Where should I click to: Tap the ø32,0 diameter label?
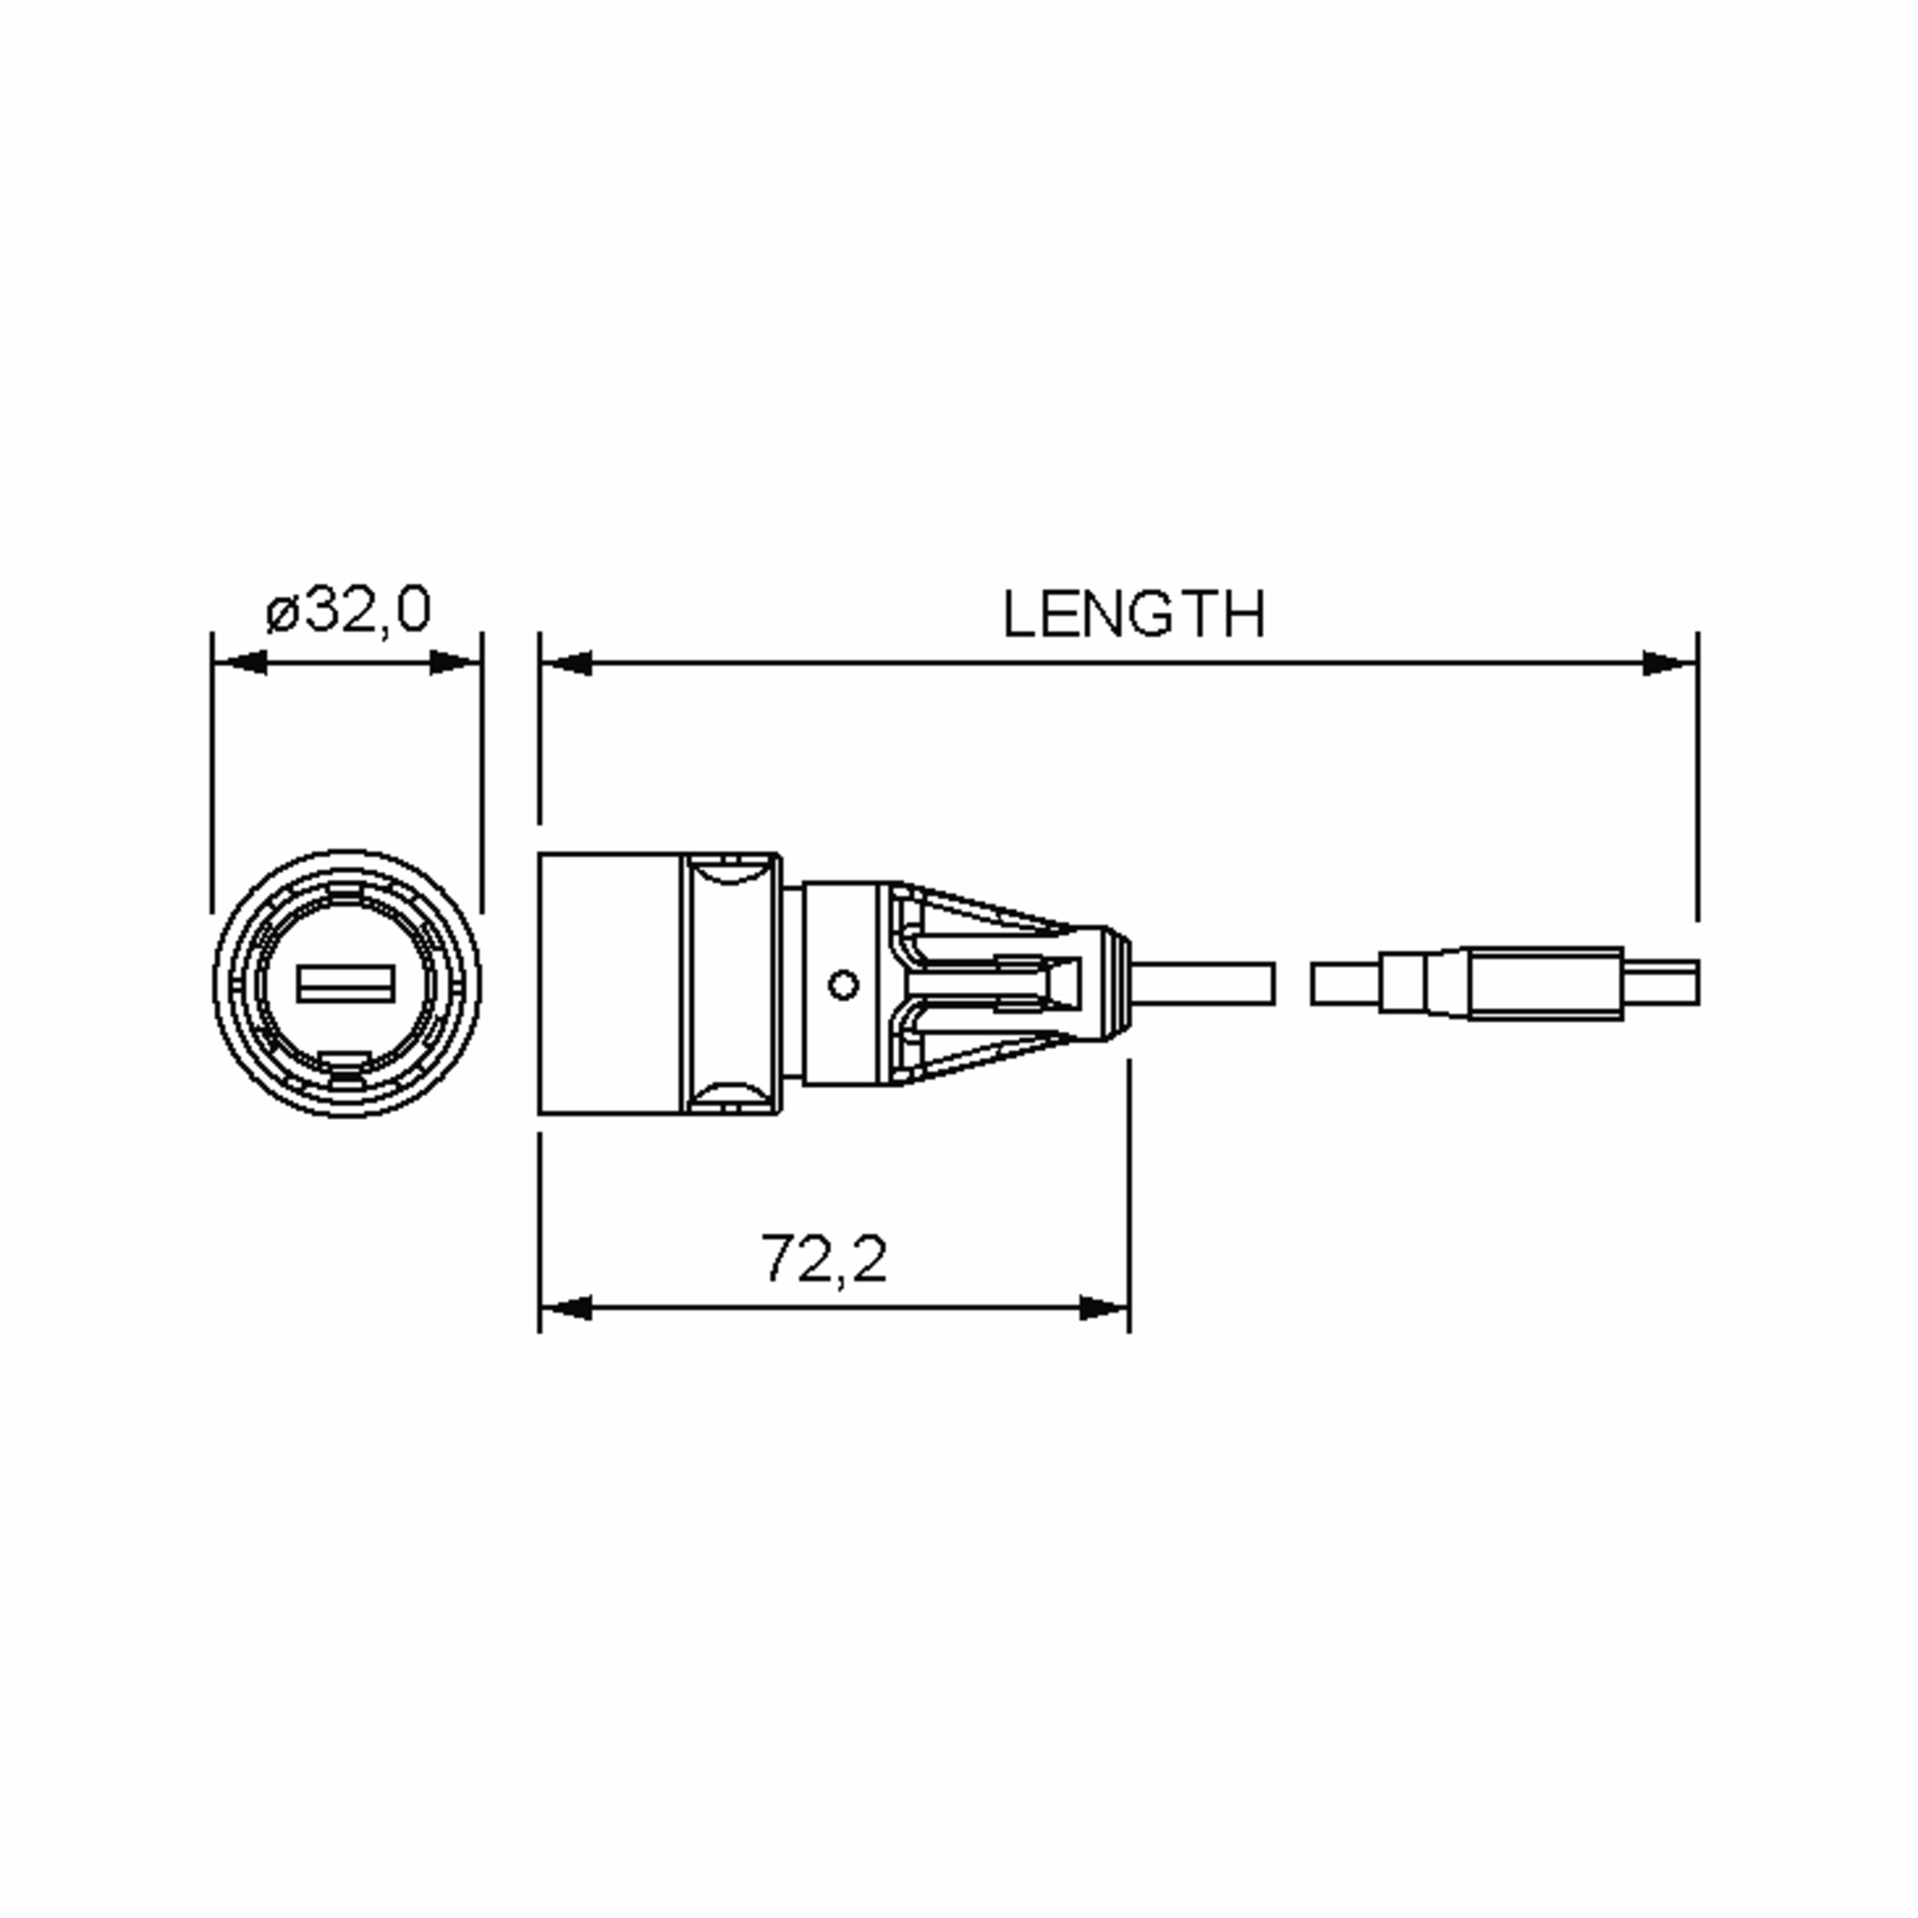point(348,610)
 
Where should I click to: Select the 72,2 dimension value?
point(823,1259)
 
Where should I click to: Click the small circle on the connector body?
point(843,986)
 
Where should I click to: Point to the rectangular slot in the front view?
point(345,983)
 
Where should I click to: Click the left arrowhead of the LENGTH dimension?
point(568,663)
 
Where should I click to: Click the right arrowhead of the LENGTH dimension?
point(1669,663)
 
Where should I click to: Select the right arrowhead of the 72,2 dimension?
point(1103,1308)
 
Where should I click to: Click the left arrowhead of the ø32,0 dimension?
point(241,663)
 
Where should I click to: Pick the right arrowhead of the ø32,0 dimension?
point(455,663)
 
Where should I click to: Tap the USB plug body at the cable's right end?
point(1545,983)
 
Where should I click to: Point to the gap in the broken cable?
point(1292,983)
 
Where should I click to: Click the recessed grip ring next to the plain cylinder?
point(730,983)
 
